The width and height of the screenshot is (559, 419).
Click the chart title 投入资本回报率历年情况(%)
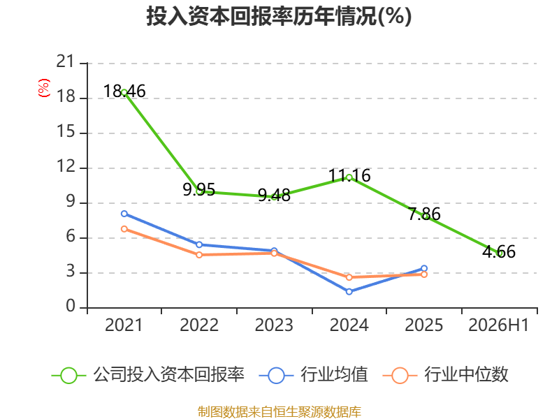pos(279,16)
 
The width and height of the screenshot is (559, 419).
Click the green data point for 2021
pos(124,93)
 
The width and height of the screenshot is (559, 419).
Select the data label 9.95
pos(199,189)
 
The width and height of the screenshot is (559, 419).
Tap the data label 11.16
pos(349,175)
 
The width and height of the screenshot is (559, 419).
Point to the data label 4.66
pos(499,251)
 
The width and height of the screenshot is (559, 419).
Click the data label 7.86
pos(424,214)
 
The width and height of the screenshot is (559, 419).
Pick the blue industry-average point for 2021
pos(124,214)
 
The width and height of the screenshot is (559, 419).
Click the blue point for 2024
pos(349,291)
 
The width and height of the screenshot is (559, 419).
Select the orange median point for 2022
pos(199,255)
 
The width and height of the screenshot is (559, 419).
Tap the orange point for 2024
pos(349,277)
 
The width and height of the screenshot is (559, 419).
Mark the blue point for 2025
pos(424,268)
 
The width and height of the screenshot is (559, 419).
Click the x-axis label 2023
pos(274,325)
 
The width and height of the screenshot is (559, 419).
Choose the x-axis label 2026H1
pos(499,325)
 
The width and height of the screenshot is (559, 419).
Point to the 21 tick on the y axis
pos(65,61)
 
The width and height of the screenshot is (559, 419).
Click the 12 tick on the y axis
pos(66,166)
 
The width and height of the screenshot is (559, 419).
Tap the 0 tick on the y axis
pos(71,306)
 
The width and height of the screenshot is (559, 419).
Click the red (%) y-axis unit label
pos(44,88)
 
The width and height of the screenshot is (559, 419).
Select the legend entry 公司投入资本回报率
pos(148,375)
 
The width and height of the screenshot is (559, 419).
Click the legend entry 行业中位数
pos(445,375)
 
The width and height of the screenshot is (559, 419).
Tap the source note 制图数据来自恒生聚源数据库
pos(279,411)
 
